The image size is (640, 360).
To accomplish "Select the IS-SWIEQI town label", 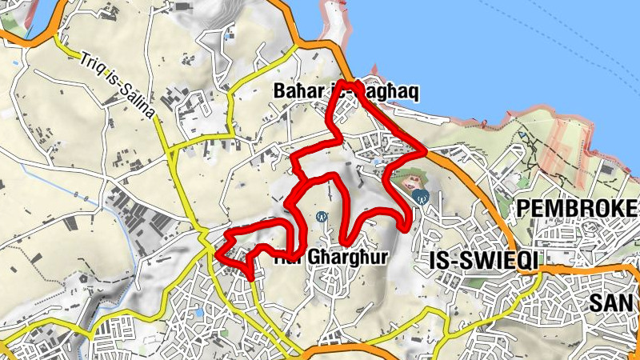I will tap(476, 261).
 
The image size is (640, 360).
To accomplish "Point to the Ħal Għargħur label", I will tap(331, 258).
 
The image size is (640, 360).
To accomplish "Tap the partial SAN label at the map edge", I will tap(614, 302).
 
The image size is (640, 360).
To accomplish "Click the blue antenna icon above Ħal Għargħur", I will tap(322, 216).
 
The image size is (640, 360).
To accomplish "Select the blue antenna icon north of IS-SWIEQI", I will tap(420, 195).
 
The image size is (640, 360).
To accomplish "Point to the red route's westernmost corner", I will tap(217, 254).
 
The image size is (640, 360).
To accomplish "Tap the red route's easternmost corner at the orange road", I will tap(426, 148).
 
